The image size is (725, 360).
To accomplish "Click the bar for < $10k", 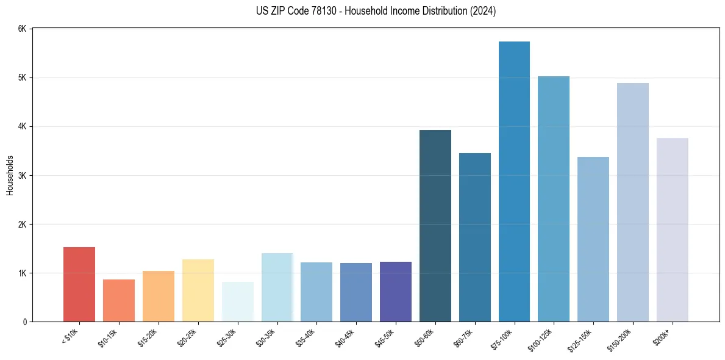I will (79, 284).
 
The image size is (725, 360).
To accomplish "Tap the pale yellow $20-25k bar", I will (198, 290).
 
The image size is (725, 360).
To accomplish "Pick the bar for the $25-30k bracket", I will (237, 301).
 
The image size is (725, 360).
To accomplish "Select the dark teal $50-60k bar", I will (435, 226).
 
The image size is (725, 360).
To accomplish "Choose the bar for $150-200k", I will (632, 202).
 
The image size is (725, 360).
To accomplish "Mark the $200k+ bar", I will (672, 229).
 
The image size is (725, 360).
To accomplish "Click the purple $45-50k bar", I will (396, 292).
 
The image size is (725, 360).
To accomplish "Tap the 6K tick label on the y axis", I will (22, 29).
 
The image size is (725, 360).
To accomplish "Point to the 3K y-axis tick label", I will (22, 176).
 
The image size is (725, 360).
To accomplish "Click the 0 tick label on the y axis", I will (24, 322).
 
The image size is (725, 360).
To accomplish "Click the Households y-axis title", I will (10, 175).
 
